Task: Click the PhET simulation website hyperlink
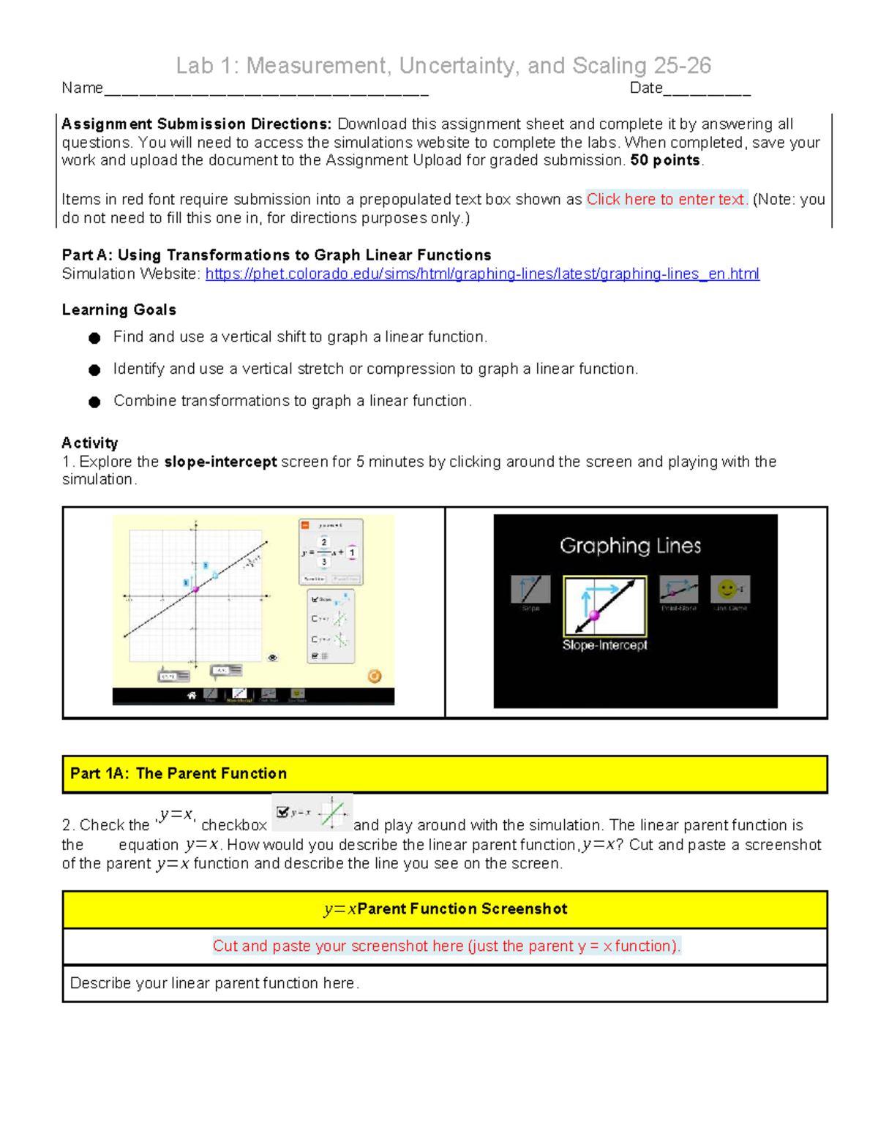click(x=482, y=274)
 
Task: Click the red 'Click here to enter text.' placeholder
click(x=667, y=200)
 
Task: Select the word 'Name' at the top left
click(x=82, y=89)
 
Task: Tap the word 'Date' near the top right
click(x=646, y=89)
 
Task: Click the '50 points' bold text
click(x=664, y=161)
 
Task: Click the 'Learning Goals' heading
click(x=119, y=310)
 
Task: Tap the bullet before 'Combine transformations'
click(x=94, y=402)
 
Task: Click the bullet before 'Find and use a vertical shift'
click(x=94, y=338)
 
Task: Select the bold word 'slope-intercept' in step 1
click(x=220, y=462)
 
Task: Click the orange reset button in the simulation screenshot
click(x=374, y=676)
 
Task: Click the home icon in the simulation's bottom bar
click(x=192, y=695)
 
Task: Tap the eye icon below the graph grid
click(x=273, y=658)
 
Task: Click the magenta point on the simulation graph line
click(x=195, y=589)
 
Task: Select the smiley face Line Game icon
click(x=729, y=590)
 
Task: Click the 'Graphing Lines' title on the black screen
click(x=630, y=546)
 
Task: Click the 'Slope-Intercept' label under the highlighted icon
click(x=604, y=645)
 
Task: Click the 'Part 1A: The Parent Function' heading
click(x=179, y=774)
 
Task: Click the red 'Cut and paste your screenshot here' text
click(x=446, y=947)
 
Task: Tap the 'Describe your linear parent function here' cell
click(x=214, y=984)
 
